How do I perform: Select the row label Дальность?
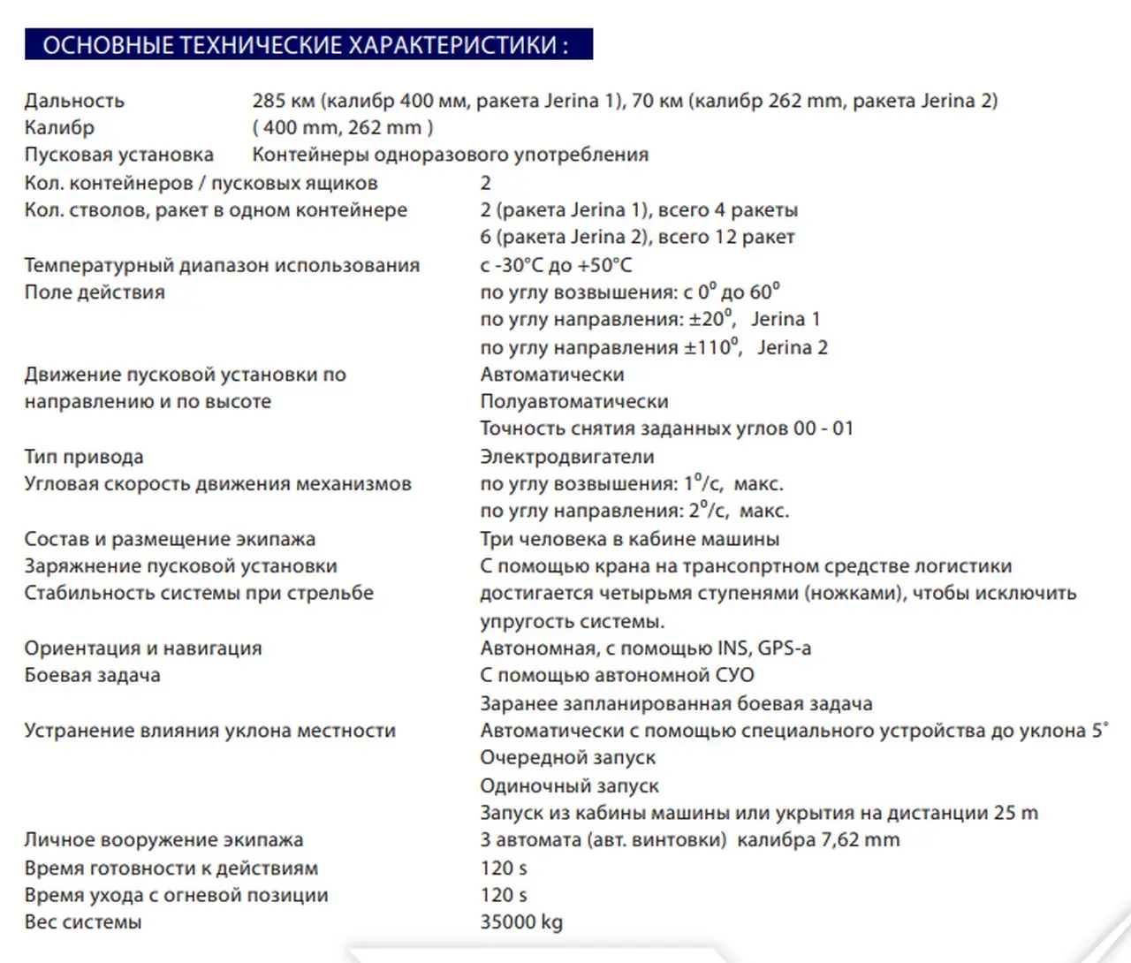(x=74, y=101)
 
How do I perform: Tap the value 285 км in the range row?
(x=283, y=101)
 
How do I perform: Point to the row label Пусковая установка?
(x=118, y=155)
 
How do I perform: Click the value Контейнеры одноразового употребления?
(x=450, y=155)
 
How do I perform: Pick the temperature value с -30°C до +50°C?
(x=556, y=265)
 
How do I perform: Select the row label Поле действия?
(x=95, y=292)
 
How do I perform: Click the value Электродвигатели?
(x=566, y=457)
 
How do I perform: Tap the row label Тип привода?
(x=84, y=457)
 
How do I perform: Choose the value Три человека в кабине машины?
(x=629, y=539)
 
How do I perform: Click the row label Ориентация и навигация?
(x=143, y=648)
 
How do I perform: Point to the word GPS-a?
(x=784, y=648)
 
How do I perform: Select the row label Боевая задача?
(x=92, y=676)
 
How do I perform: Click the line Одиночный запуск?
(x=569, y=785)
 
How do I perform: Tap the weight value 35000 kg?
(x=520, y=922)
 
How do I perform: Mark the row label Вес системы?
(x=83, y=922)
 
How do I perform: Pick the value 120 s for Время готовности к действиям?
(x=504, y=868)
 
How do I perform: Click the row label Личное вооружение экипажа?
(x=163, y=840)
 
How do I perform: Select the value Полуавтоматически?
(x=573, y=402)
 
